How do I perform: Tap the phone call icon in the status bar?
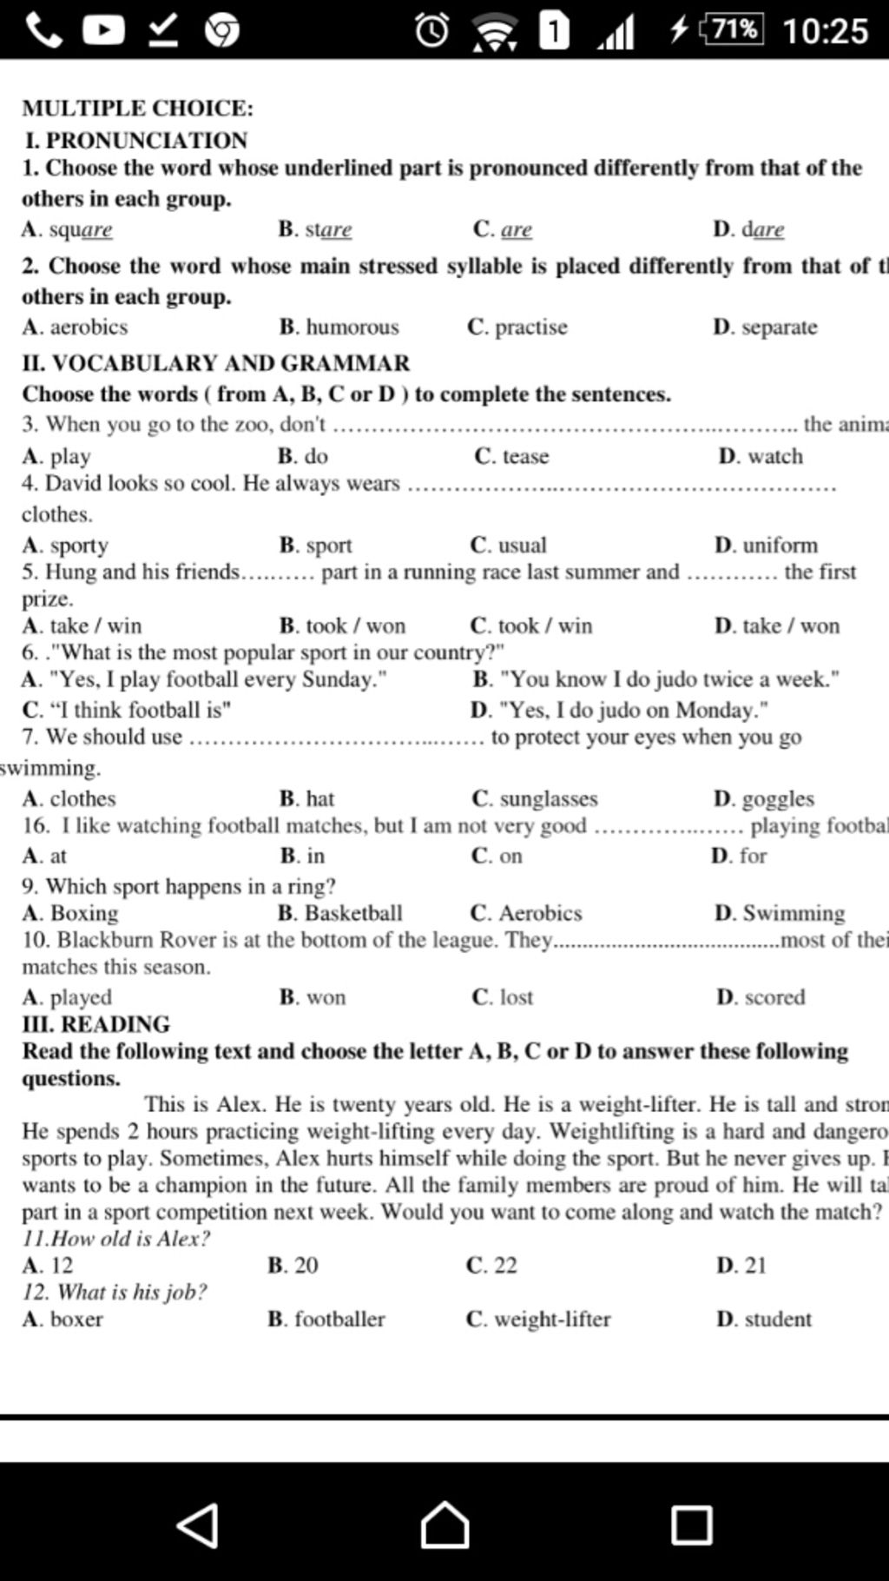tap(43, 30)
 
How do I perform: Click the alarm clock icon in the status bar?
tap(431, 30)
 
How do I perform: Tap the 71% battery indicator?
tap(732, 30)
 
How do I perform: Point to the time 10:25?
tap(825, 30)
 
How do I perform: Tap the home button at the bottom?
tap(444, 1525)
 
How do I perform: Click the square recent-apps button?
tap(691, 1525)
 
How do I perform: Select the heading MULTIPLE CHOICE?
tap(138, 108)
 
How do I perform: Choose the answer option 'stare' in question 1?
tap(327, 229)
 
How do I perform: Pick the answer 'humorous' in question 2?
tap(352, 327)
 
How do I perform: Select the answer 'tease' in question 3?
tap(524, 456)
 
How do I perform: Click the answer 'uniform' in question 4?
tap(779, 546)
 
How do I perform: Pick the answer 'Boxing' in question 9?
tap(83, 913)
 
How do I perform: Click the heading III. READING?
tap(96, 1024)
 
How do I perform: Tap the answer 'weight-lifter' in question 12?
tap(551, 1320)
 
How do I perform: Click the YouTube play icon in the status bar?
tap(104, 30)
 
